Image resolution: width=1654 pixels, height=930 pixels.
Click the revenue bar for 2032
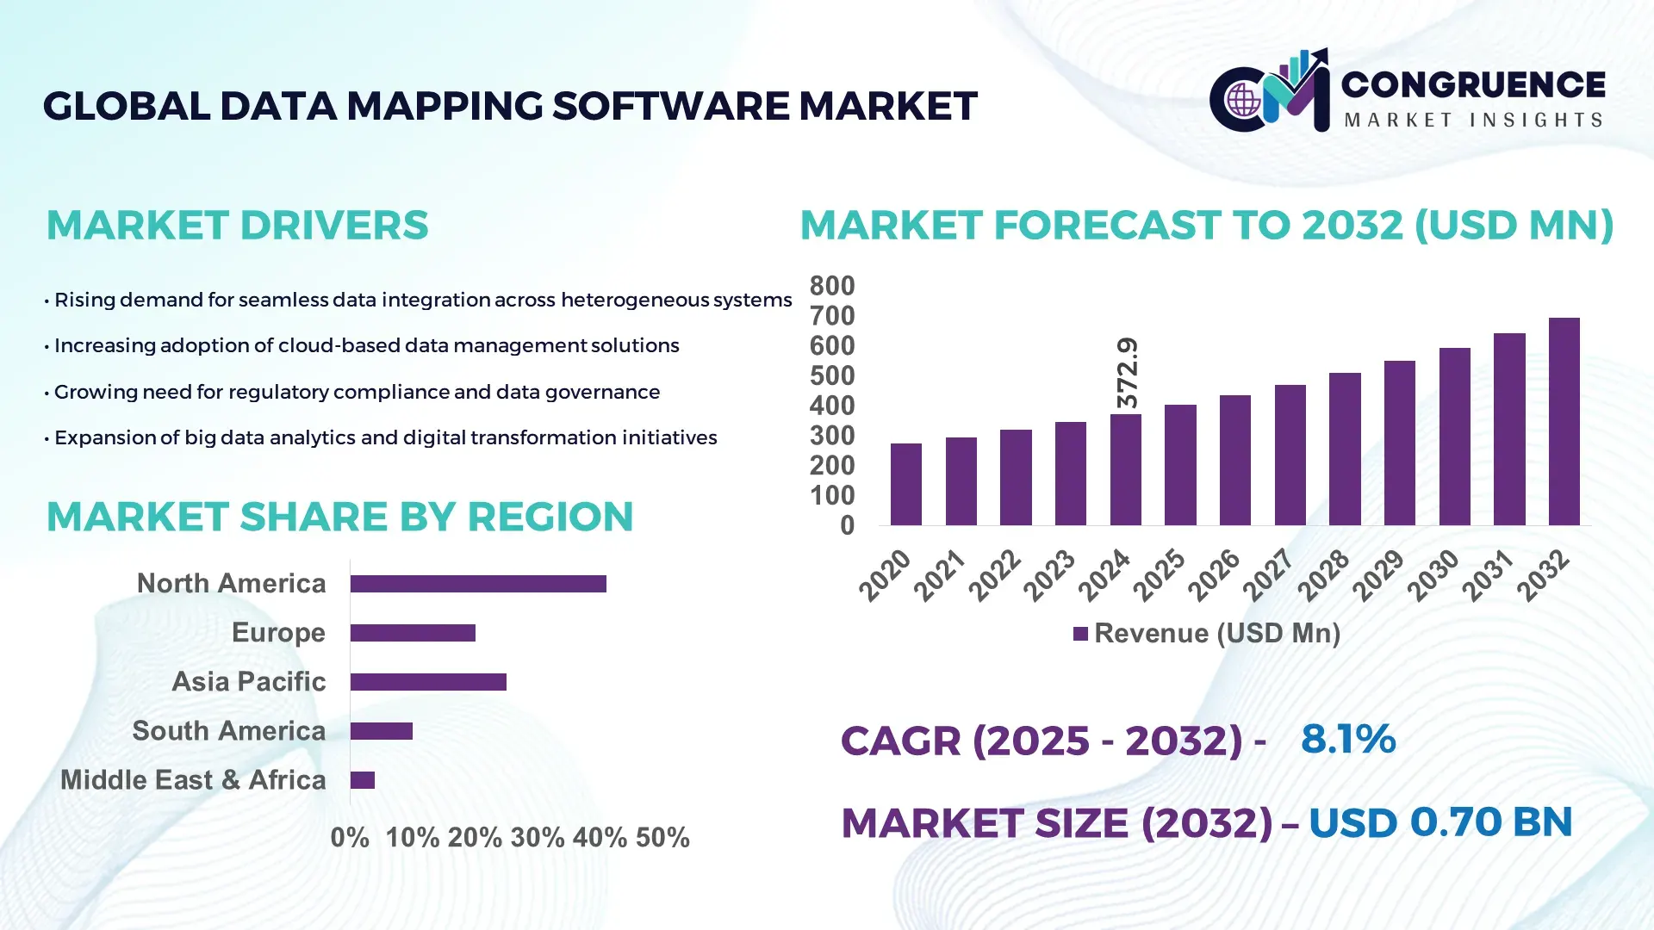click(x=1564, y=422)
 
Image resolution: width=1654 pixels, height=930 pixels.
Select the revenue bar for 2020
click(x=905, y=485)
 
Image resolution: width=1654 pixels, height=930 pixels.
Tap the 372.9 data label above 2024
click(x=1127, y=373)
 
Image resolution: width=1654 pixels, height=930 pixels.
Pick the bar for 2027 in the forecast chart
click(x=1290, y=456)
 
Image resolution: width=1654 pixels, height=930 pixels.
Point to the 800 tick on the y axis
click(x=832, y=286)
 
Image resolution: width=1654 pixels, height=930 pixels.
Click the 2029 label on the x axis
click(x=1378, y=575)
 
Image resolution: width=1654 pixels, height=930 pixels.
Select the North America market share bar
click(x=478, y=584)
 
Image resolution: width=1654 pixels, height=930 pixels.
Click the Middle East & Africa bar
click(x=363, y=780)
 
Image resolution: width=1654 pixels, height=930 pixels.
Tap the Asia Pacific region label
click(x=248, y=682)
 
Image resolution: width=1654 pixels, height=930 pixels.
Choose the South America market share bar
click(x=382, y=731)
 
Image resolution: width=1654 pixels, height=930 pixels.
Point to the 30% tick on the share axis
click(x=538, y=838)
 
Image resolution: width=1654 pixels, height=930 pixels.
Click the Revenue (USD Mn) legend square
click(x=1080, y=634)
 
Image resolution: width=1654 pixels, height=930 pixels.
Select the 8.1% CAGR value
click(x=1347, y=739)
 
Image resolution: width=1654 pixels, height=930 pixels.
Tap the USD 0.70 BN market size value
click(x=1440, y=822)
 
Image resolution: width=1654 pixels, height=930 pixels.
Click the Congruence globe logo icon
click(x=1243, y=100)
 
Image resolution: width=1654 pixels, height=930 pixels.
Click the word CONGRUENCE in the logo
click(x=1473, y=84)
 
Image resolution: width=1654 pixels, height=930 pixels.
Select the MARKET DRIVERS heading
click(x=237, y=226)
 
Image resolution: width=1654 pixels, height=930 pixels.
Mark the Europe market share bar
click(x=413, y=633)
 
